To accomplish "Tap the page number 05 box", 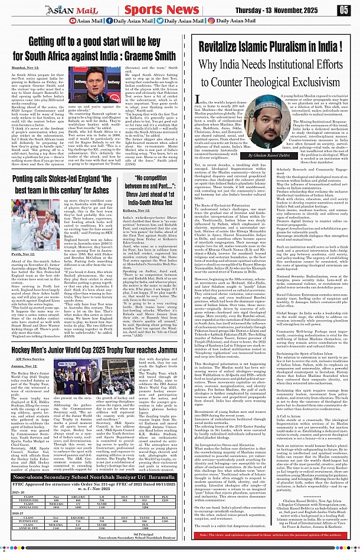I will (x=344, y=9).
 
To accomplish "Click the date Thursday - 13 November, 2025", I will (x=293, y=9).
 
